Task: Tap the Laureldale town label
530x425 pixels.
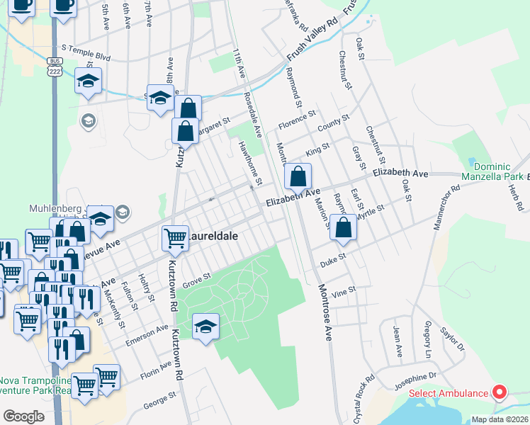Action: (213, 235)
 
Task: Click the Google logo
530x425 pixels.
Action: (23, 416)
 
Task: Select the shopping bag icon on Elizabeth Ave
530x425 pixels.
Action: (298, 176)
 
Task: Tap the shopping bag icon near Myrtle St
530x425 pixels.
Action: (344, 228)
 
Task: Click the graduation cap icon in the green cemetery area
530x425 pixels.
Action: (205, 327)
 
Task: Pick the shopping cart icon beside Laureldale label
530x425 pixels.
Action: (175, 238)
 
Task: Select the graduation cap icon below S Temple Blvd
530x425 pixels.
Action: (88, 82)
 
